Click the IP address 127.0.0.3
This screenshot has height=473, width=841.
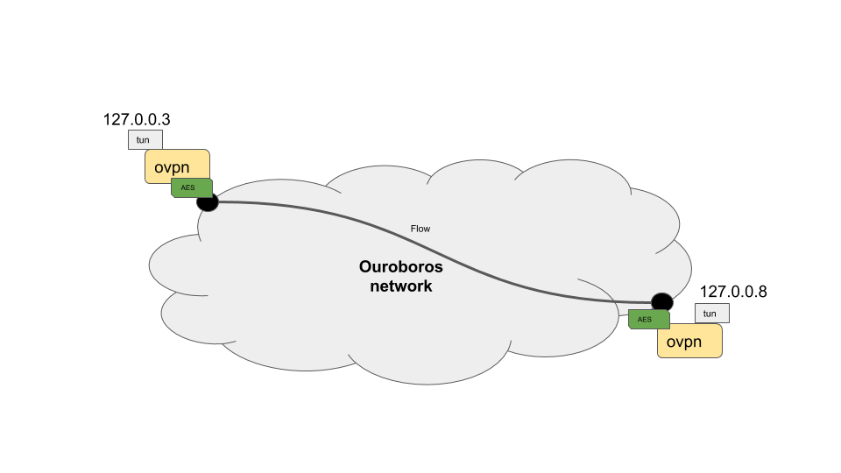click(137, 119)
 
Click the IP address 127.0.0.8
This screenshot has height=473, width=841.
click(733, 292)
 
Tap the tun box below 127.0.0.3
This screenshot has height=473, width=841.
click(145, 140)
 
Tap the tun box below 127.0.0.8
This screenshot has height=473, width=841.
click(710, 314)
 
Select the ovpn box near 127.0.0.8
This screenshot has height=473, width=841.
click(689, 342)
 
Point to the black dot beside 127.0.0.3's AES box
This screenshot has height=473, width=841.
click(208, 202)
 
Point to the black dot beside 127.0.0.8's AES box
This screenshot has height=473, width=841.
click(661, 302)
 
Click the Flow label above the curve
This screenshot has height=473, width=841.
click(420, 229)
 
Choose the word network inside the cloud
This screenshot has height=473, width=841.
click(400, 286)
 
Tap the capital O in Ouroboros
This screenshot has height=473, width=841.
click(366, 267)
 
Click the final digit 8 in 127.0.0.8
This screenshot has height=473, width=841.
click(762, 292)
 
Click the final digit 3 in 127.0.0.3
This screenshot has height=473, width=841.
click(165, 119)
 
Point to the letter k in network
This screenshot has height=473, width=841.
click(428, 286)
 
